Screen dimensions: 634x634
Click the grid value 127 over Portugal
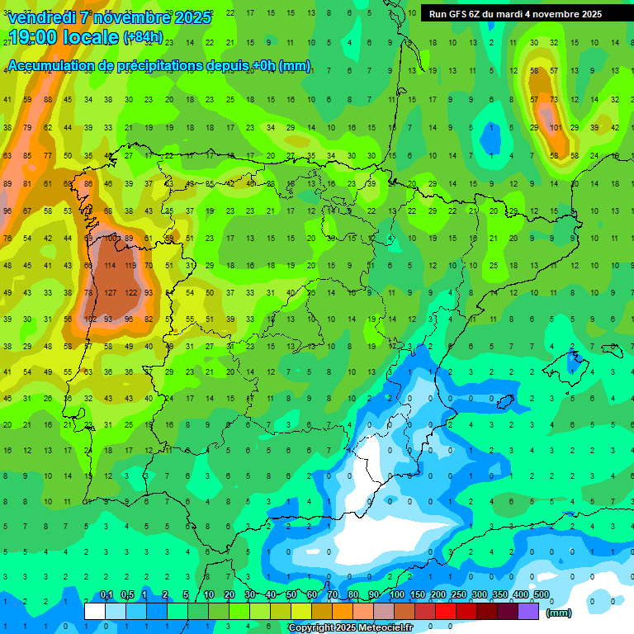pos(110,292)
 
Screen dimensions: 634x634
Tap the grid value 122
pos(130,292)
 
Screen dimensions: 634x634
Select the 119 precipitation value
pos(130,266)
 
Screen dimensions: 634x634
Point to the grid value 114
pos(110,266)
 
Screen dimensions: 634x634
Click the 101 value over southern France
pos(556,127)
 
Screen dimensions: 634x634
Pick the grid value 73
pos(555,101)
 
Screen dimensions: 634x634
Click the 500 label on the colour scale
pos(542,594)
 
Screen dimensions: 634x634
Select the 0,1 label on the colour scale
pos(106,594)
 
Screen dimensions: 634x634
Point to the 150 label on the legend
pos(418,594)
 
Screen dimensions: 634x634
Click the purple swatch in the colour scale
pos(529,611)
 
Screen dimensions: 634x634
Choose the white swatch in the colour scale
pos(95,611)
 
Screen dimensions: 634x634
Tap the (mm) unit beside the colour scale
pos(559,613)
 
